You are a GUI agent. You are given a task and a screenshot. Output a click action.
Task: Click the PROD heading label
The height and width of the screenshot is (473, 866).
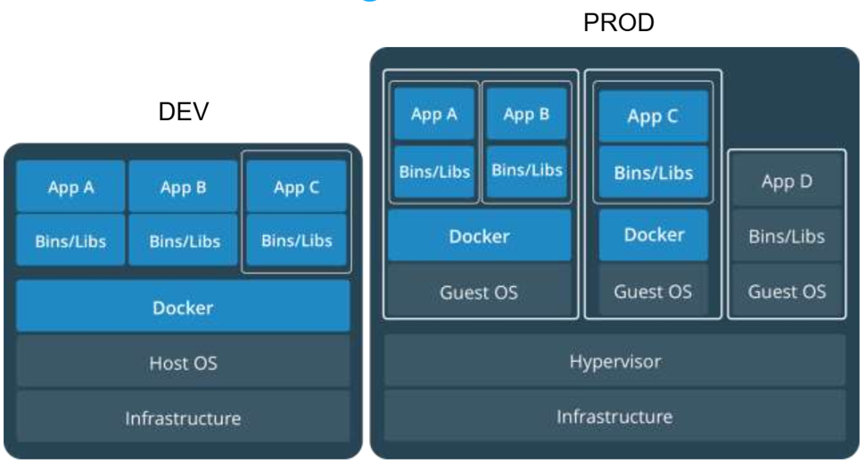point(618,23)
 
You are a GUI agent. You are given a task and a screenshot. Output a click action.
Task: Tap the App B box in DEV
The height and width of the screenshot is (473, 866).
point(182,187)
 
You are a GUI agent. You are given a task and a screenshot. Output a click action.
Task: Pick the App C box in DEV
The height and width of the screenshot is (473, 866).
point(296,187)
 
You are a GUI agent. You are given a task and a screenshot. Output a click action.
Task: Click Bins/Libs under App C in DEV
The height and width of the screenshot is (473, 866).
point(296,241)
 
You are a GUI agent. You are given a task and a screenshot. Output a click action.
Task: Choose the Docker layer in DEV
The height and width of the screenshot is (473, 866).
point(183,307)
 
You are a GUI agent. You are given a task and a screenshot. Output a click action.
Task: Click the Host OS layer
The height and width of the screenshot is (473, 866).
point(183,363)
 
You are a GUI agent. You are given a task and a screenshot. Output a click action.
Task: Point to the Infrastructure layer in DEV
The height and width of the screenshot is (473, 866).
point(183,417)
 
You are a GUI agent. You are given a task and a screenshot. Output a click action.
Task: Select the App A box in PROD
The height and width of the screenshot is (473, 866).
point(433,114)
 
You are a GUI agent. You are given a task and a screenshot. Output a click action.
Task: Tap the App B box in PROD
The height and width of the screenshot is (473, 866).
point(526,114)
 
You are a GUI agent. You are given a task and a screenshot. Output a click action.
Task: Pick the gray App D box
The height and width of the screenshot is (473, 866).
point(787,182)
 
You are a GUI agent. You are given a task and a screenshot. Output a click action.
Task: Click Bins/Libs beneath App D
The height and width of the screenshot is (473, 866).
point(787,237)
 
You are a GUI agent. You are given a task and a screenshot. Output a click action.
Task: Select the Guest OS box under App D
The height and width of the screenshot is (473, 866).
point(787,291)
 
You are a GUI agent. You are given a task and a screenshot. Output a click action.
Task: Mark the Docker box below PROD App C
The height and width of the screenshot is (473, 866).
point(653,235)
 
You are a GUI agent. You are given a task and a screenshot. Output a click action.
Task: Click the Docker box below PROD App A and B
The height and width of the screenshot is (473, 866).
point(479,236)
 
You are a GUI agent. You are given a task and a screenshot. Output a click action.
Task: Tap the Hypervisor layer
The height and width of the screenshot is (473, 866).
point(614,362)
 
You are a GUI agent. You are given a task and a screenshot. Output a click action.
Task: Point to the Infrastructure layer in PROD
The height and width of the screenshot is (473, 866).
point(614,416)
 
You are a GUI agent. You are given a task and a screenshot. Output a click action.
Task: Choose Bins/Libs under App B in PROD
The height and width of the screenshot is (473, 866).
point(526,170)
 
